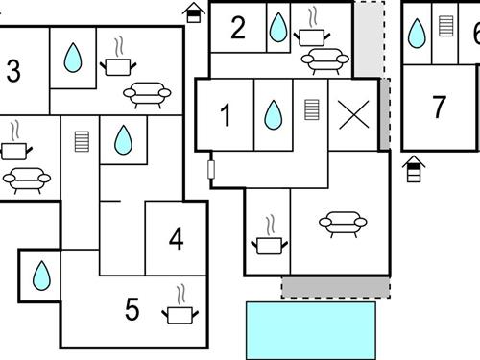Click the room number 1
226,115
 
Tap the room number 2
238,28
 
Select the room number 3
13,71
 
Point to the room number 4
177,238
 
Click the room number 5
132,309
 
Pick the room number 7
439,107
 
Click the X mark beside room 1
354,114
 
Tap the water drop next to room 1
274,115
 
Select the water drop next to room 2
278,28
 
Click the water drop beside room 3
73,58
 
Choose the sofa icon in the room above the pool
343,225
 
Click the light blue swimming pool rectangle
311,330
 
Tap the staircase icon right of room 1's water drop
312,109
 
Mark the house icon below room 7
414,169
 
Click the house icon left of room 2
194,12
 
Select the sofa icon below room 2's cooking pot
325,61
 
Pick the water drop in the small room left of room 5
41,276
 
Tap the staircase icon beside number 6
446,26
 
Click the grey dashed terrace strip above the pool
336,288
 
